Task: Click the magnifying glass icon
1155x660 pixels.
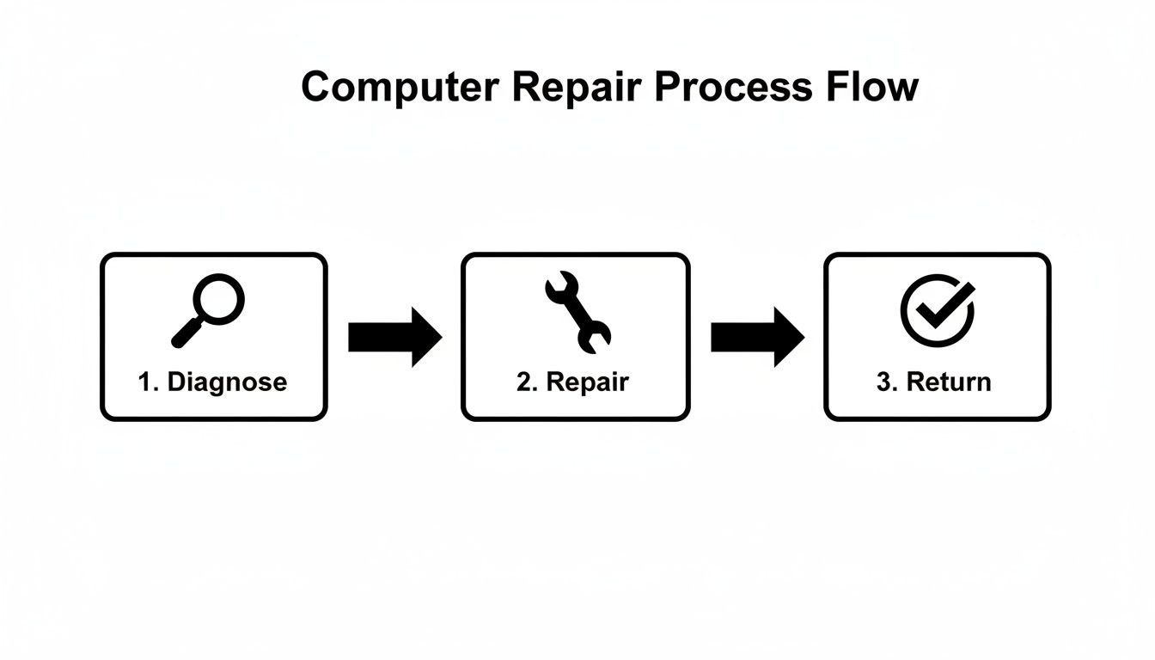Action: coord(209,309)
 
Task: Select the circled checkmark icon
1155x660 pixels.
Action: coord(938,309)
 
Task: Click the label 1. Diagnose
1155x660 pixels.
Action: coord(212,382)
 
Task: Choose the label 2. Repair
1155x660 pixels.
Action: coord(572,382)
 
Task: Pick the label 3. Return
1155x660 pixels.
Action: coord(933,382)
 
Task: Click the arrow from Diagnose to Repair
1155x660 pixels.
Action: coord(394,338)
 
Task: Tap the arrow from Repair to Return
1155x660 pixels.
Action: coord(757,338)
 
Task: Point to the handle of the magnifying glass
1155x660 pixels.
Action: coord(186,333)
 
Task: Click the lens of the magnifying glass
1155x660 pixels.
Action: coord(219,299)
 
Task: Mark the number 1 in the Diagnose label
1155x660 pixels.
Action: coord(144,382)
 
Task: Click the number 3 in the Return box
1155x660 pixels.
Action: coord(883,382)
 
